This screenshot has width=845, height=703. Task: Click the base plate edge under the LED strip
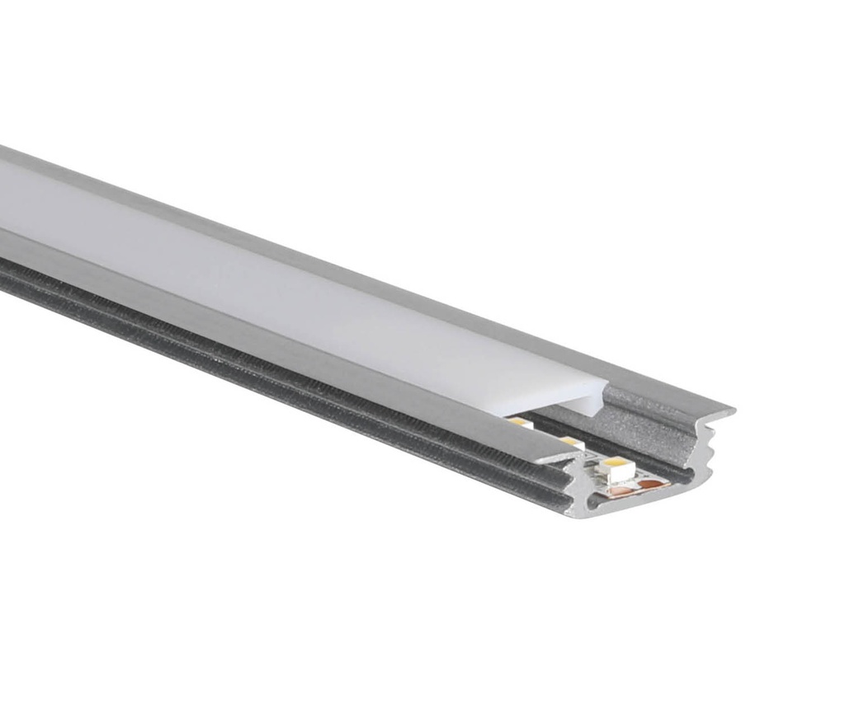click(x=627, y=508)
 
